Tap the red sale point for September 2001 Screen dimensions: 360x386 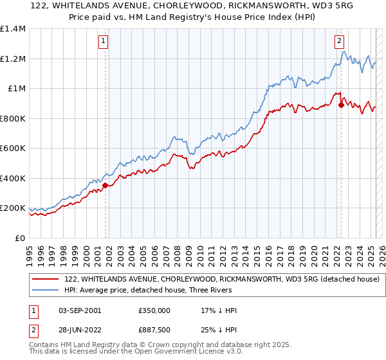[x=105, y=186]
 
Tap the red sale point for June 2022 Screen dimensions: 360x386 [x=341, y=105]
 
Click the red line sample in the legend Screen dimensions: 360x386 [x=46, y=279]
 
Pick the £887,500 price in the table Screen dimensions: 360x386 [x=154, y=330]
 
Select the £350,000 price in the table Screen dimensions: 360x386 [x=154, y=310]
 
